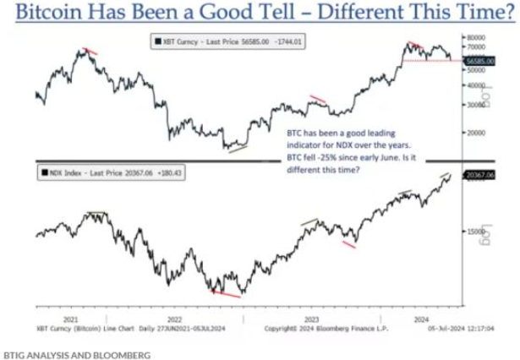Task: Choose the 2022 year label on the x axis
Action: tap(175, 320)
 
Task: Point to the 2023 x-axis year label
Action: tap(311, 320)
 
